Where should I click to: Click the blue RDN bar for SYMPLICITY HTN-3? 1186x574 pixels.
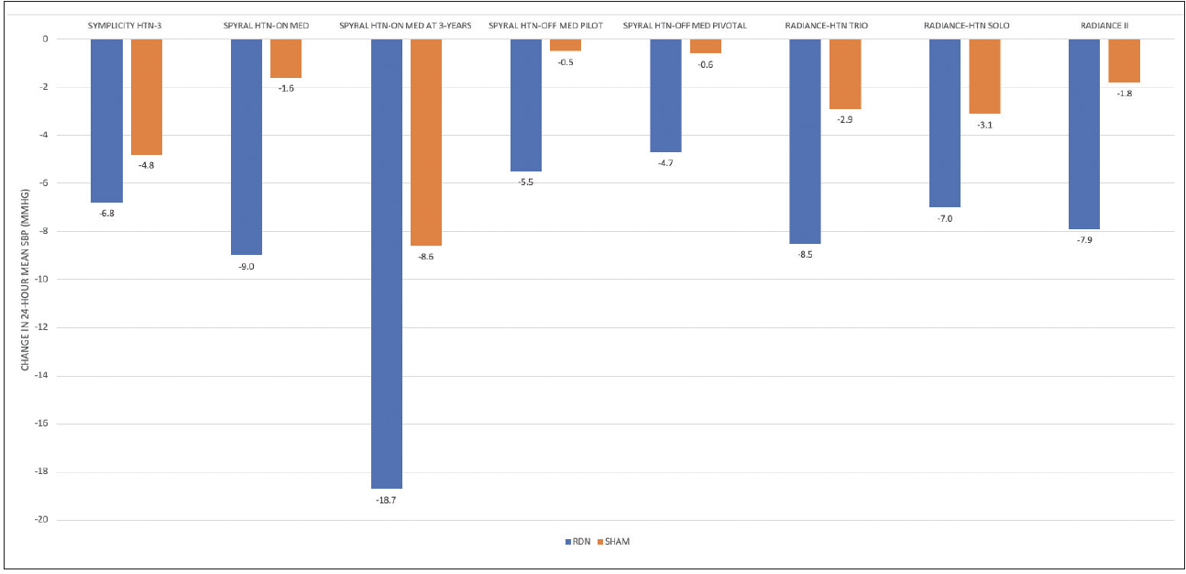click(106, 120)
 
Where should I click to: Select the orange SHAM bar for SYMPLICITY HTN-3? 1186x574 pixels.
click(147, 96)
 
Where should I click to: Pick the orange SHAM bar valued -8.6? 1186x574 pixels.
click(426, 142)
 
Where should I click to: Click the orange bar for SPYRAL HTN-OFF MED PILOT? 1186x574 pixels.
click(566, 45)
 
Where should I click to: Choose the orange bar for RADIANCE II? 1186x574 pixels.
click(1125, 61)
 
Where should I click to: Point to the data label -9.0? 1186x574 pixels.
click(247, 266)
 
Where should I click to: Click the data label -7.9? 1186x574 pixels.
click(1084, 240)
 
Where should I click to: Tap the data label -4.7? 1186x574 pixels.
click(665, 163)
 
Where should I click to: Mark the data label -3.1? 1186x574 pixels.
click(984, 125)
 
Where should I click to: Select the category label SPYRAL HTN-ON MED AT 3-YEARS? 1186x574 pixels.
click(405, 25)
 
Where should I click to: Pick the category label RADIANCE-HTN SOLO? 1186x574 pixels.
click(966, 25)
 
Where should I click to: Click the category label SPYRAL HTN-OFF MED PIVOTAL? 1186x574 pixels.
click(685, 25)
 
